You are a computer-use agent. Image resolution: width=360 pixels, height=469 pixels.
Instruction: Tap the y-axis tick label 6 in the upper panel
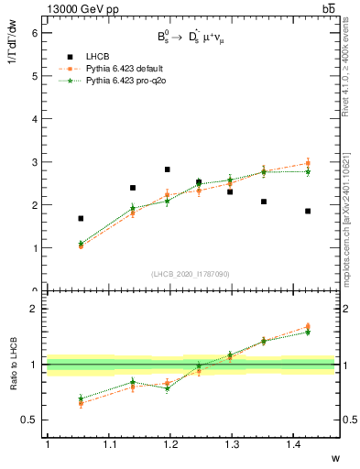35,33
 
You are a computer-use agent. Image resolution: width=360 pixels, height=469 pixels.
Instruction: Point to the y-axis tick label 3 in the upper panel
35,162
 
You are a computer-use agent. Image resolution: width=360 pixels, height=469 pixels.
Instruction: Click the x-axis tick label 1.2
169,445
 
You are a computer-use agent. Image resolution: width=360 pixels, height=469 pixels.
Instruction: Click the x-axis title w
334,458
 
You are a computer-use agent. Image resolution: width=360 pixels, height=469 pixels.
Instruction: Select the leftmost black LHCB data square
81,218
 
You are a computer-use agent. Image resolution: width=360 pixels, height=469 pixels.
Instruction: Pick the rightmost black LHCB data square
308,211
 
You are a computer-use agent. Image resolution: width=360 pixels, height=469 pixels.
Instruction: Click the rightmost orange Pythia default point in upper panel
308,163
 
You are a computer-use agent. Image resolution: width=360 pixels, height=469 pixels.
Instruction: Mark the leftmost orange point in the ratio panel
81,403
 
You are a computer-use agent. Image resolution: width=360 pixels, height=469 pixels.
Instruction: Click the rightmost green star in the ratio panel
308,332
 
